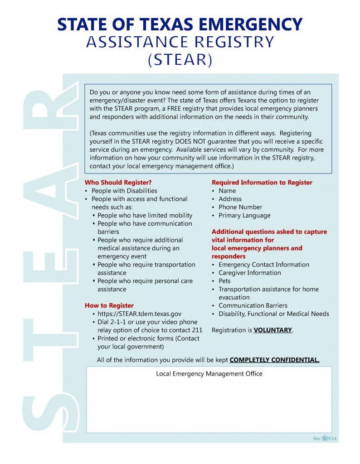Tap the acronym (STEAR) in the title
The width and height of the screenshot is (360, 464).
coord(180,60)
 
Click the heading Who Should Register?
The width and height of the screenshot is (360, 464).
coord(118,183)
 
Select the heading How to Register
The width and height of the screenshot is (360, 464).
coord(109,305)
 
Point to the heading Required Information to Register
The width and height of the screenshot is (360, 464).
coord(262,183)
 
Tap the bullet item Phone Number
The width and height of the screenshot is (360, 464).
coord(240,207)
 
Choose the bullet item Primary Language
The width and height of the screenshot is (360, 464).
coord(244,215)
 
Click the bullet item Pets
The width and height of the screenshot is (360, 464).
coord(224,281)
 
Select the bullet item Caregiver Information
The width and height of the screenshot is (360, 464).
coord(249,273)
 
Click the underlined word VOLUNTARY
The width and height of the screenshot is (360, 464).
coord(272,330)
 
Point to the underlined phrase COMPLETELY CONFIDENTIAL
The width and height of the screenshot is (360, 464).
coord(274,360)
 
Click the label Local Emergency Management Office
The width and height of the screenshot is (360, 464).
coord(209,374)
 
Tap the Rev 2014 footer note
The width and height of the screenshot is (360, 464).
coord(325,439)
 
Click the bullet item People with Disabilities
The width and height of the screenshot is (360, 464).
coord(124,191)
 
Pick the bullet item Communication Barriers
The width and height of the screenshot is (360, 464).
coord(253,305)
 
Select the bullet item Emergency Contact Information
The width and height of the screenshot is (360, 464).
coord(264,265)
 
